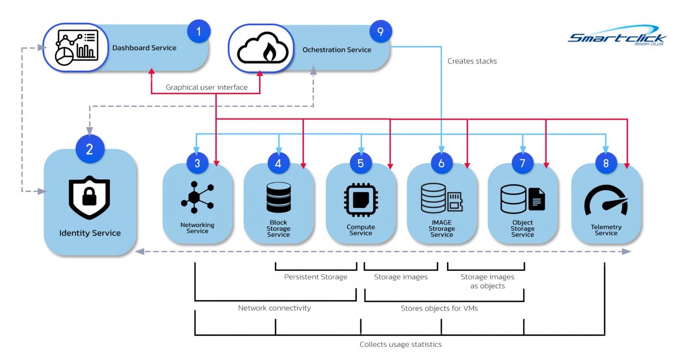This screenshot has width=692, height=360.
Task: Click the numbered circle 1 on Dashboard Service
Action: [x=199, y=31]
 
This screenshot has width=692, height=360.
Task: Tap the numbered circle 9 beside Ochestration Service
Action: [x=381, y=32]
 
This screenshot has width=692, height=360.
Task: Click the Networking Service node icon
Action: [x=197, y=197]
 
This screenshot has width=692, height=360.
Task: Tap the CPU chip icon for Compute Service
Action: [x=361, y=200]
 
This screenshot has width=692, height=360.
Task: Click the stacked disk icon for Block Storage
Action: [x=278, y=197]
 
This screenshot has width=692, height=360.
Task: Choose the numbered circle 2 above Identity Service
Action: [x=90, y=149]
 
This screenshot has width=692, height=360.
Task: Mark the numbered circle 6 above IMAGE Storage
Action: [x=441, y=163]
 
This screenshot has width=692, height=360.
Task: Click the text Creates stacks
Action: [x=472, y=61]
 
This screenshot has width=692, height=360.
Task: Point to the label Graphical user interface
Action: [x=207, y=87]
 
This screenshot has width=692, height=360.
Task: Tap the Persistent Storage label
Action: [x=316, y=277]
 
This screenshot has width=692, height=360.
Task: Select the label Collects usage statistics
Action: [x=400, y=344]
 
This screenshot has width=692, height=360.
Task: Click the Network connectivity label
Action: [x=274, y=308]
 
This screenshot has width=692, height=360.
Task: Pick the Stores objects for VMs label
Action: [x=439, y=309]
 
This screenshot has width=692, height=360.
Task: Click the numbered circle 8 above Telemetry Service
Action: [x=605, y=163]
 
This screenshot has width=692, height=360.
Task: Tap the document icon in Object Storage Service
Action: [x=536, y=199]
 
